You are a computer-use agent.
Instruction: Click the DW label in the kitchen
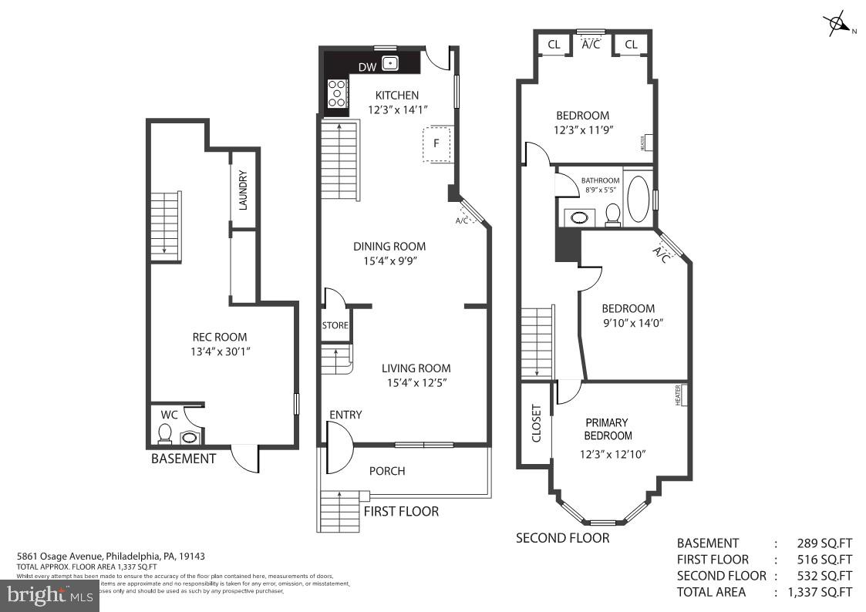[x=367, y=67]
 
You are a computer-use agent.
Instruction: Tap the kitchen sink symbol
[x=391, y=63]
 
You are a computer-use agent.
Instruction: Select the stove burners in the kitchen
[x=337, y=93]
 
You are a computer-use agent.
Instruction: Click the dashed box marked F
[x=437, y=143]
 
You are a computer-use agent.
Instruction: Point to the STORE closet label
[x=335, y=325]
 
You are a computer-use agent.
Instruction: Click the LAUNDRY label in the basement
[x=242, y=190]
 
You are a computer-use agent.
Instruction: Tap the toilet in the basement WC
[x=164, y=435]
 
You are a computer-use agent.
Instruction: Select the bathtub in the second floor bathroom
[x=638, y=199]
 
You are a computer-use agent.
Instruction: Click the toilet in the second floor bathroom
[x=613, y=214]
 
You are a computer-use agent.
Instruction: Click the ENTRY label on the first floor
[x=345, y=415]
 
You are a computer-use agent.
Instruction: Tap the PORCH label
[x=387, y=471]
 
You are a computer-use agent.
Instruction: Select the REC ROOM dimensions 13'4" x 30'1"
[x=220, y=351]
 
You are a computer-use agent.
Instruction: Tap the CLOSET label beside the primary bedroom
[x=536, y=423]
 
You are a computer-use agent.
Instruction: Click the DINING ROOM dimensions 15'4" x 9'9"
[x=389, y=261]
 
